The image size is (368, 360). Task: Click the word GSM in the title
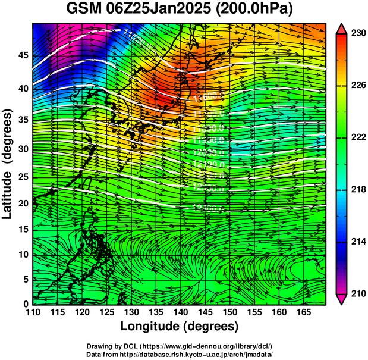click(83, 10)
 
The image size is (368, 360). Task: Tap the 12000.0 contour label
click(209, 152)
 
